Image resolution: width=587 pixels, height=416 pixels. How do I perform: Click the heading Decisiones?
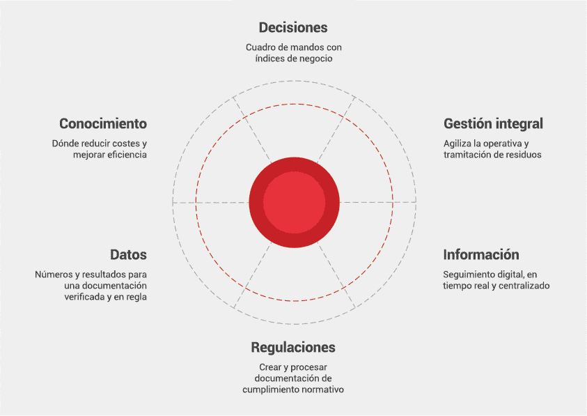pos(293,28)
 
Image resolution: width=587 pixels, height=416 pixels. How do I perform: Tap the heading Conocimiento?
pos(103,123)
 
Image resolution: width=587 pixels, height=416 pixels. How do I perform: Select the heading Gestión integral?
pos(493,123)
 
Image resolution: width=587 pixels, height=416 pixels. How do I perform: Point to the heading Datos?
pos(128,254)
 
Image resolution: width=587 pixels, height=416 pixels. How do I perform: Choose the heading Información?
pos(481,254)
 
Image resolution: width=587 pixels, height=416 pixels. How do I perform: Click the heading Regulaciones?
pos(293,347)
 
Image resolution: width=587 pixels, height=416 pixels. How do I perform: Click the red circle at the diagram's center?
pos(294,202)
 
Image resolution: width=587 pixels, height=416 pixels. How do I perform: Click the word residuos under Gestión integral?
pos(524,155)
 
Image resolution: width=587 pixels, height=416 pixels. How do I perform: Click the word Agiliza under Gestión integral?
pos(457,143)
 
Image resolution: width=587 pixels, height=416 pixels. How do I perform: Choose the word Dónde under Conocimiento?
pos(65,143)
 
